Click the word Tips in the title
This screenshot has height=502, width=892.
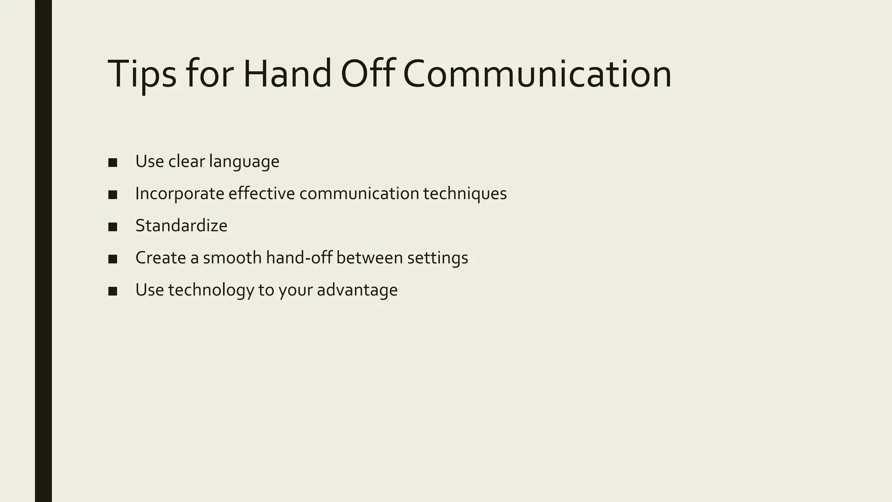click(142, 74)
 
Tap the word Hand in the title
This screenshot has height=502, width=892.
click(287, 74)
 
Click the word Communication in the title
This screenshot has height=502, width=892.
click(537, 74)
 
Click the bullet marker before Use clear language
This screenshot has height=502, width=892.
click(113, 163)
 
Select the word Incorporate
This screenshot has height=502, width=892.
click(179, 194)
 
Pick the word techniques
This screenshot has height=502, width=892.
click(465, 194)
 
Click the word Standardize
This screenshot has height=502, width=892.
click(181, 226)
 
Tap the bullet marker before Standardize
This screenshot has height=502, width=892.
click(113, 227)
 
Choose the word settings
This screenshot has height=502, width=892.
click(437, 258)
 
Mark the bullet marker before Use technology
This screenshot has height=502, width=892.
click(113, 291)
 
